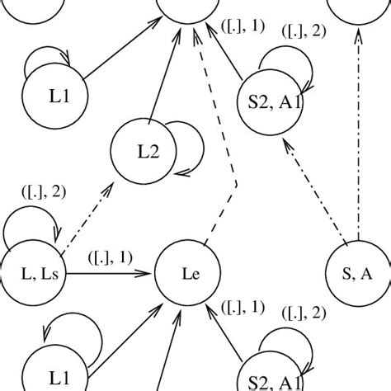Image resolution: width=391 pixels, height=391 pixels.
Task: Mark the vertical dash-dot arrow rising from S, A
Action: tap(359, 140)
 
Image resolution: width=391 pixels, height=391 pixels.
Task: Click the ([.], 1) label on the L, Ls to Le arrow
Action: tap(110, 257)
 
